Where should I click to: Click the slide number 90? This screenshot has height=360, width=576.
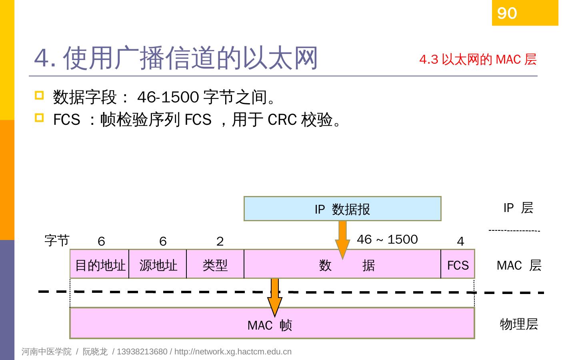[507, 14]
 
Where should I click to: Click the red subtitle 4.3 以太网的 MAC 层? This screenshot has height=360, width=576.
[478, 60]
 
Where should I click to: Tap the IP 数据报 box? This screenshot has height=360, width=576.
[342, 209]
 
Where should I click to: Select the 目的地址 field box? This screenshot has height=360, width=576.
[100, 264]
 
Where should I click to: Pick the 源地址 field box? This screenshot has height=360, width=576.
[158, 264]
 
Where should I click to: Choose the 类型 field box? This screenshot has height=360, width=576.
[215, 264]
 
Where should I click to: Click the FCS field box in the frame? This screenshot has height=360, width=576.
[458, 264]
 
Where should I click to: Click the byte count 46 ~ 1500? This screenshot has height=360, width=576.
[387, 239]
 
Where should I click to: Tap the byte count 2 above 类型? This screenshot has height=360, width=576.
[220, 241]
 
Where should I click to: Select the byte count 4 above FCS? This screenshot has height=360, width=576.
[460, 241]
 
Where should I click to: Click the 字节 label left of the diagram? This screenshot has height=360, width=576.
[57, 240]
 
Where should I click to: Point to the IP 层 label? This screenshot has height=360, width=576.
[518, 208]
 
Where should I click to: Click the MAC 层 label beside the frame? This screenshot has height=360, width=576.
[519, 265]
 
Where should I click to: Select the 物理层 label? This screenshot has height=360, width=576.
[519, 324]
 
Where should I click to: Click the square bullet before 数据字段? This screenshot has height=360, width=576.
[39, 95]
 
